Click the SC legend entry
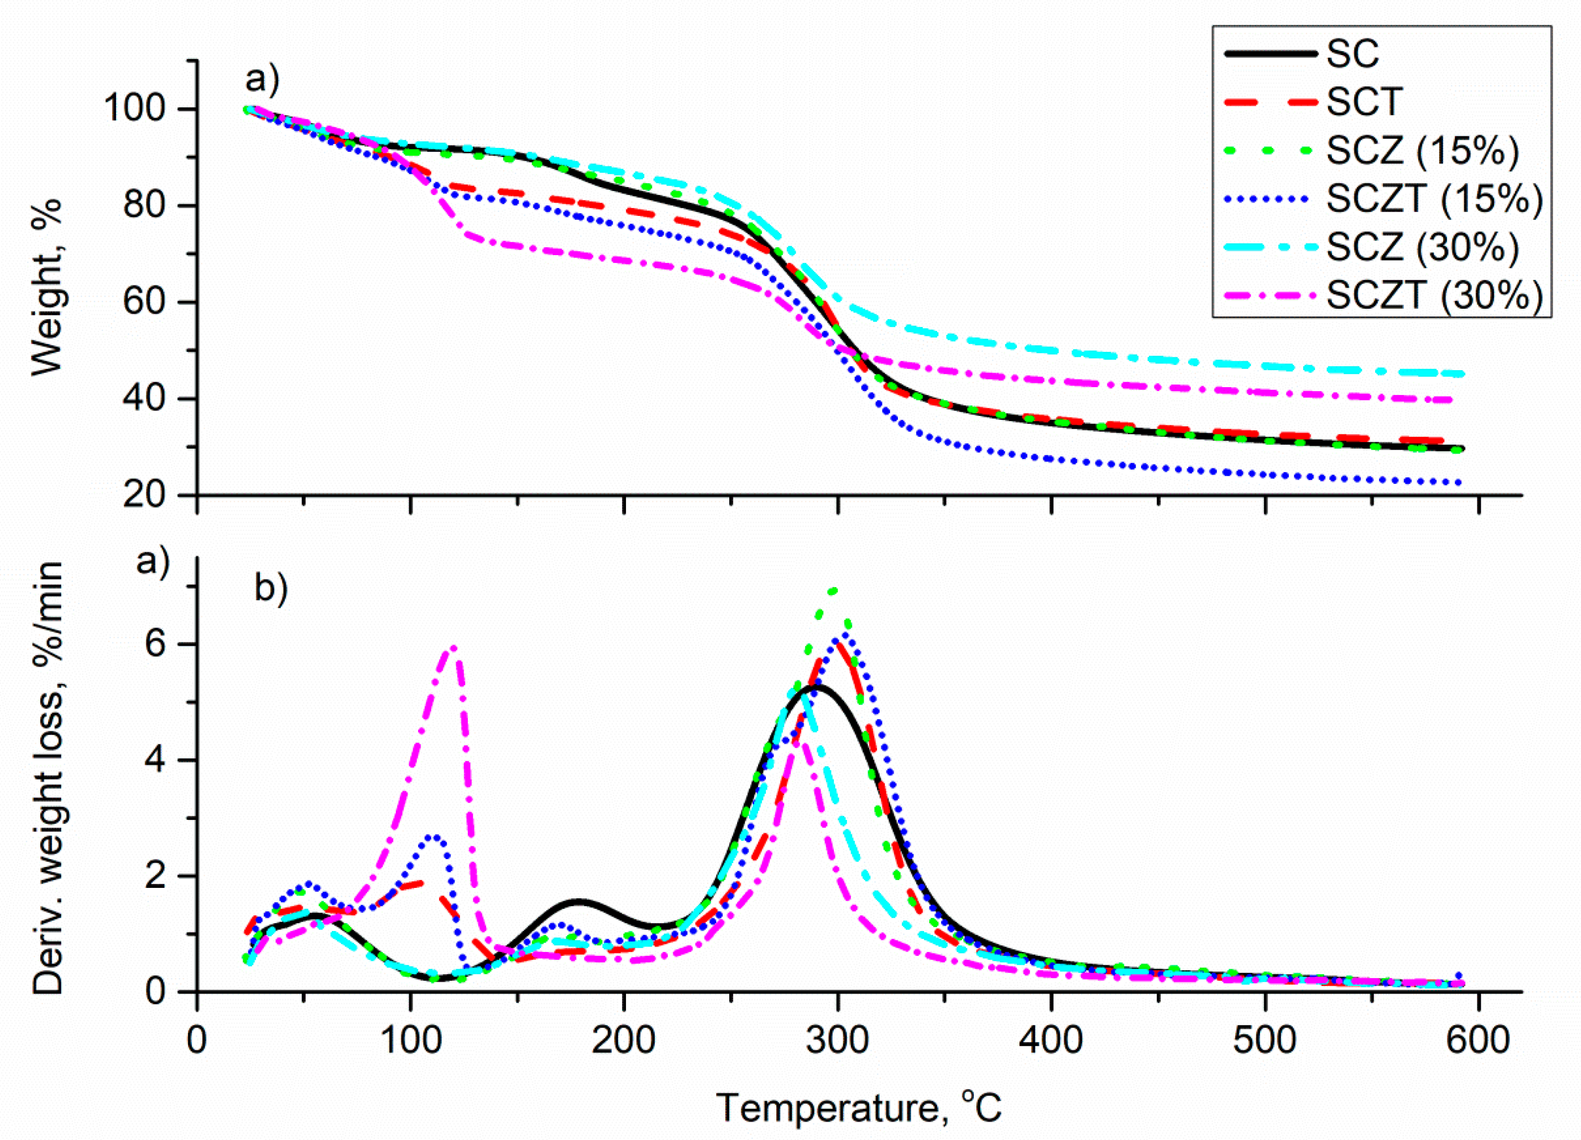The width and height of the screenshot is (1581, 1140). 1352,54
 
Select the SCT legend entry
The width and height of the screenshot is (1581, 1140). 1363,103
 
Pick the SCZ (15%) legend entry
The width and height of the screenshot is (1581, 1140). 1422,150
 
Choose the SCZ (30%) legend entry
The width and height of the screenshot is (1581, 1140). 1422,248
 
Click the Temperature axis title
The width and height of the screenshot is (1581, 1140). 859,1108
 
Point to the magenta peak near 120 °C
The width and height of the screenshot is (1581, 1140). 454,647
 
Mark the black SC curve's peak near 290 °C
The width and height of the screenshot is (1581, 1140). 814,687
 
